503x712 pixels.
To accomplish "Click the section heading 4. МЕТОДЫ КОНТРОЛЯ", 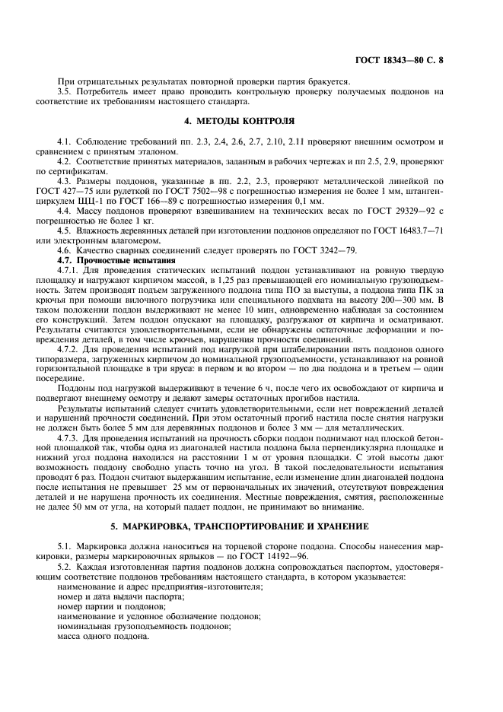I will (x=250, y=120).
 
